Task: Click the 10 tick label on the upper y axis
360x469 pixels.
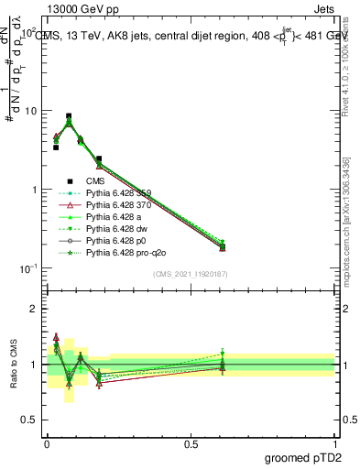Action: click(30, 111)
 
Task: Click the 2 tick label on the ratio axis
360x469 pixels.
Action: click(34, 309)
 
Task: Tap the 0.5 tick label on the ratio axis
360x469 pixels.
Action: click(30, 420)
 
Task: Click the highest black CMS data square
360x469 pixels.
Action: click(69, 116)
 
